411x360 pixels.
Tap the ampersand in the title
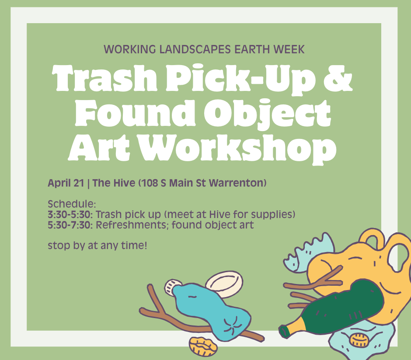coord(338,78)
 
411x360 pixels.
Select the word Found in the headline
coord(135,113)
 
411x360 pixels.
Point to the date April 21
coord(66,183)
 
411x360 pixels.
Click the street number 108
coord(150,183)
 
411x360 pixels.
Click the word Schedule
coord(72,204)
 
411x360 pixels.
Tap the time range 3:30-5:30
coord(70,215)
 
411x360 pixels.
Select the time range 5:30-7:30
coord(70,225)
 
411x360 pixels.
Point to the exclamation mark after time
coord(145,246)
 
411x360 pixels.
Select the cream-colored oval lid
coord(224,283)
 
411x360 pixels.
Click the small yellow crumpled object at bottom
coord(203,346)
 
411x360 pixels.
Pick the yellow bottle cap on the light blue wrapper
coord(359,340)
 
